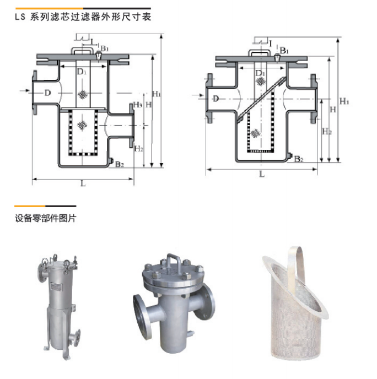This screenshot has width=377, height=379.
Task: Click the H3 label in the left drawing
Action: [138, 104]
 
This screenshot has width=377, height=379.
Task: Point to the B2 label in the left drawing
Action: [119, 164]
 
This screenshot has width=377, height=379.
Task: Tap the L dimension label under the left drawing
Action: [83, 184]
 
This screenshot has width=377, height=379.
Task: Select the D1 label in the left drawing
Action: [82, 72]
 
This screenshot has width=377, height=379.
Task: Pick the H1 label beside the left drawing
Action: [157, 94]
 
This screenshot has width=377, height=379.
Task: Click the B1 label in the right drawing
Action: [284, 51]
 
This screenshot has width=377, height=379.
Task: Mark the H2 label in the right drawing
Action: [326, 132]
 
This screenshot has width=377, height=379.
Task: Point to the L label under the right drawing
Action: [262, 174]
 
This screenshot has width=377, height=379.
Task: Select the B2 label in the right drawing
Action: [298, 159]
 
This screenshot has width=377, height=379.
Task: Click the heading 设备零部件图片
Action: [46, 218]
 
